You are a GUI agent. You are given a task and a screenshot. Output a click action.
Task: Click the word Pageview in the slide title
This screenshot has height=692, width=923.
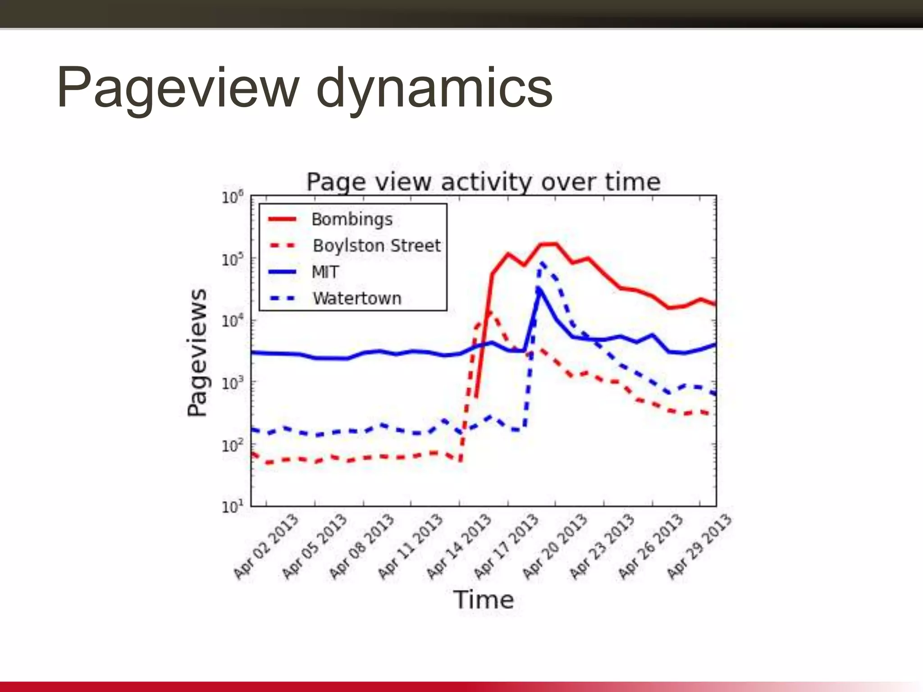click(178, 88)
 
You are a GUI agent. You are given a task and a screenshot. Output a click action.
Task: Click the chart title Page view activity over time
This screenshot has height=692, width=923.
click(483, 182)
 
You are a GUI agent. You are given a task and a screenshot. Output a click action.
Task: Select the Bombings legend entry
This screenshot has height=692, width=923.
click(352, 219)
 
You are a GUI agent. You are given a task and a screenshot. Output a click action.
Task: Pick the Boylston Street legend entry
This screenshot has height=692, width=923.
click(377, 246)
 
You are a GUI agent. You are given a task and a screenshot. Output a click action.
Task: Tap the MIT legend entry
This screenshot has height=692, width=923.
click(325, 272)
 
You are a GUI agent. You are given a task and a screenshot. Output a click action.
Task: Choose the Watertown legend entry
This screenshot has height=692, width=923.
click(357, 298)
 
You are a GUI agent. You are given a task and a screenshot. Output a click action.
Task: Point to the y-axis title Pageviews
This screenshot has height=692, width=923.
click(197, 353)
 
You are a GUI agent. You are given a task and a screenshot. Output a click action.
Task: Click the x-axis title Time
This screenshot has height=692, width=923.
click(483, 600)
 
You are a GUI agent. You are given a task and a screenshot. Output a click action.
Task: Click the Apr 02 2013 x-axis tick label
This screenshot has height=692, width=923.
click(266, 546)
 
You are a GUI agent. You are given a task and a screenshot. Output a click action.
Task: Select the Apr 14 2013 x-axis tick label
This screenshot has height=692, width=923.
click(459, 546)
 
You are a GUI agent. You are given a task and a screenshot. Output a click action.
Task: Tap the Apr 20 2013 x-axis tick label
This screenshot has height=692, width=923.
click(555, 546)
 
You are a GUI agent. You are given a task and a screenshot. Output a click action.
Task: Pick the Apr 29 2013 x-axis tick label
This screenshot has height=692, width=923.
click(699, 546)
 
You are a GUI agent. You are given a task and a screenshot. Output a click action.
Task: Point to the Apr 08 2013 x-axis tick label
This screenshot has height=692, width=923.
click(362, 546)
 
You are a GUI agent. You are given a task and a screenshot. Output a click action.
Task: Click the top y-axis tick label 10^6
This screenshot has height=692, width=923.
click(233, 197)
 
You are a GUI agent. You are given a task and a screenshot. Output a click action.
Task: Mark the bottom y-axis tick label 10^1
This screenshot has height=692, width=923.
click(233, 507)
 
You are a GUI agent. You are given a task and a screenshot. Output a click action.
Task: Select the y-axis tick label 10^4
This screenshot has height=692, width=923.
click(233, 321)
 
